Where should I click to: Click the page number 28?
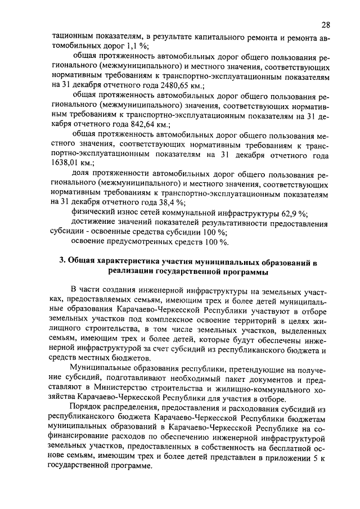coord(326,25)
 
